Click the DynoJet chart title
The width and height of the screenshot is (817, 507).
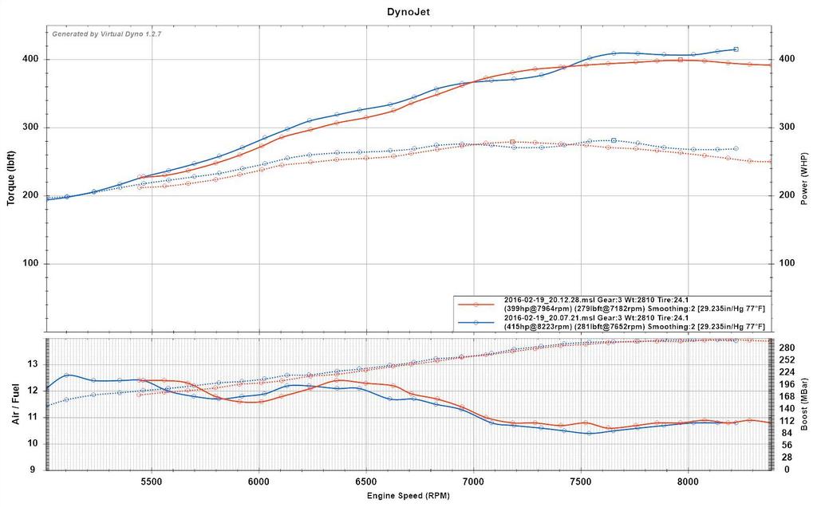pos(408,12)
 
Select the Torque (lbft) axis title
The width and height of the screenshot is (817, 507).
pos(11,178)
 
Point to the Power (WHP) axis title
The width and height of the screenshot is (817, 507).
pos(806,178)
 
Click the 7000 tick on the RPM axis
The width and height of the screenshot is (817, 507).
pos(474,482)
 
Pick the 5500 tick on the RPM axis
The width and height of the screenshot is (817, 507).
pos(152,482)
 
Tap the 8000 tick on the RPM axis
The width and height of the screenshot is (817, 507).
pos(689,482)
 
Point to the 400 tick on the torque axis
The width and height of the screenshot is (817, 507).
pos(31,60)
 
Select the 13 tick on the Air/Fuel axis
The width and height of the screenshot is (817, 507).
pos(33,364)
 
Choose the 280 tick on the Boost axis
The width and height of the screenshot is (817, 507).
pos(786,348)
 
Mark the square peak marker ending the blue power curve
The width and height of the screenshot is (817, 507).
pos(736,49)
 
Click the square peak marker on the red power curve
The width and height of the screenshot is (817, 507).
pos(680,60)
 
